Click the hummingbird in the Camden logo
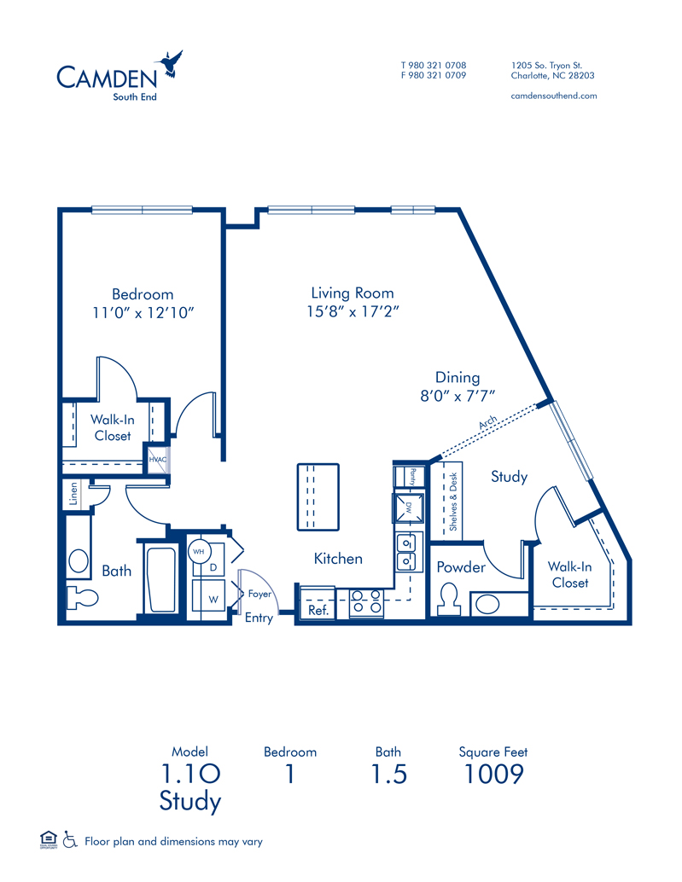(169, 63)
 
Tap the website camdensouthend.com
(554, 96)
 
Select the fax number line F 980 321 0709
(434, 75)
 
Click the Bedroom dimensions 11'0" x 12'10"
(143, 313)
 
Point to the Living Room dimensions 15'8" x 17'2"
(353, 311)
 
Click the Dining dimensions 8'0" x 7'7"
(458, 396)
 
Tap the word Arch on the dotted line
(488, 422)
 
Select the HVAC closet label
(158, 460)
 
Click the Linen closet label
(73, 494)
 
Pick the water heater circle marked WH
(199, 552)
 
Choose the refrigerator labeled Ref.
(318, 603)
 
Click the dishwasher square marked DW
(408, 507)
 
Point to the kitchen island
(318, 497)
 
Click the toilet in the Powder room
(449, 599)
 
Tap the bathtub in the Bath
(162, 579)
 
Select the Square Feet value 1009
(493, 774)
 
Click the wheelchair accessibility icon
(70, 840)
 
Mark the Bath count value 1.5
(389, 774)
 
